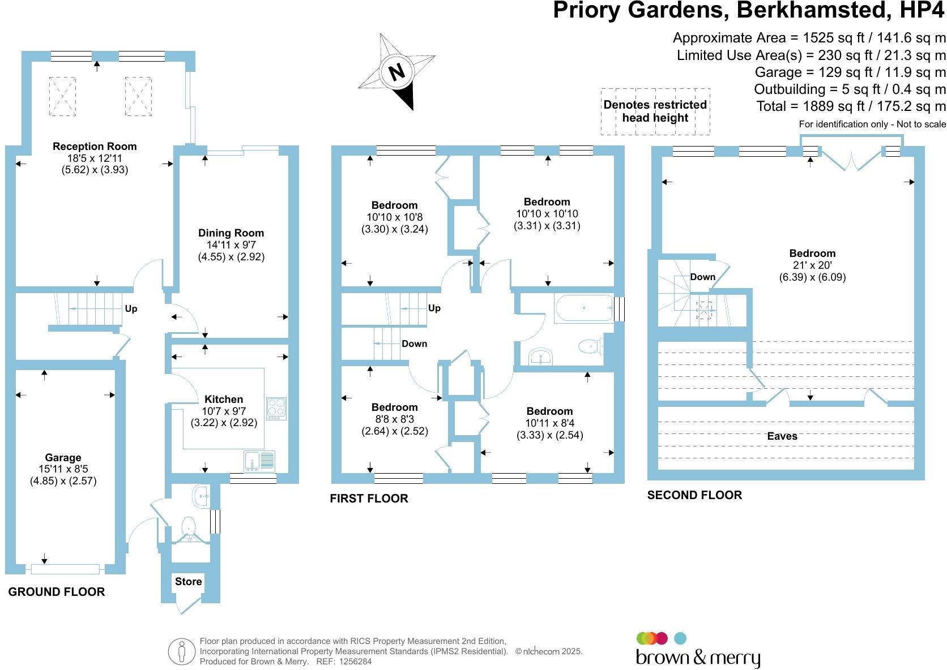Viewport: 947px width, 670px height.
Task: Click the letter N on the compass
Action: pos(396,71)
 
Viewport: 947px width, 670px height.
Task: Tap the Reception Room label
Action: pos(95,147)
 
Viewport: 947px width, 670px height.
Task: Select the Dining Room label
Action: pos(231,233)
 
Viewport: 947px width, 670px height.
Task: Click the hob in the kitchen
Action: pos(276,408)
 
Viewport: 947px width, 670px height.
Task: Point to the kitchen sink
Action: pos(259,461)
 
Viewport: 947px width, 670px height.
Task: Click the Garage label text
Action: pos(63,457)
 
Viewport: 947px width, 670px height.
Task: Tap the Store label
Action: pos(189,581)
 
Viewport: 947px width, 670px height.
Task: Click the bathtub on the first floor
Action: pos(584,308)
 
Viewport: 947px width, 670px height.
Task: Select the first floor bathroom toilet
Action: pos(590,346)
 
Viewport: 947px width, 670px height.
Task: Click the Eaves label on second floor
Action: pos(782,436)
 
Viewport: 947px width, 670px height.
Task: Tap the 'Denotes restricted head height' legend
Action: pos(655,111)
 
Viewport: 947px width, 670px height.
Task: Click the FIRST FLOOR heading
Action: pos(369,498)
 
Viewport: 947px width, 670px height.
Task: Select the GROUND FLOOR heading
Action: pos(57,592)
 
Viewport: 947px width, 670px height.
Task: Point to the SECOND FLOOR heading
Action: pos(694,495)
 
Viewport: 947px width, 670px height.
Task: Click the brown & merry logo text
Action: pos(698,658)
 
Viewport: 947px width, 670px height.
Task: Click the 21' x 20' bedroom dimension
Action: pos(812,265)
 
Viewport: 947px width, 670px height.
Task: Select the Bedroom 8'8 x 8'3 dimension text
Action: pos(395,419)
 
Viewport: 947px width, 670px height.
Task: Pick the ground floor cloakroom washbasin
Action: pos(202,496)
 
